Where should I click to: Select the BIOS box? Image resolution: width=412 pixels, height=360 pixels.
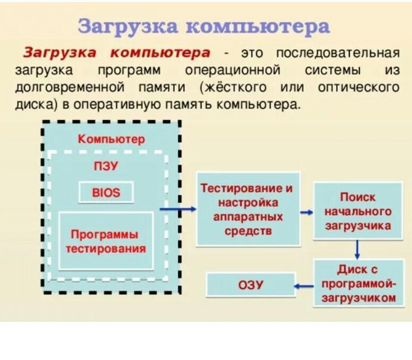(106, 192)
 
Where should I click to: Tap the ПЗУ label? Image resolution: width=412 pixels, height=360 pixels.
(106, 167)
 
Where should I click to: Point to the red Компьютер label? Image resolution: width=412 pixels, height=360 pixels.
(111, 140)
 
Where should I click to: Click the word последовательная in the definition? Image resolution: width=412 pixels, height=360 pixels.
(338, 53)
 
